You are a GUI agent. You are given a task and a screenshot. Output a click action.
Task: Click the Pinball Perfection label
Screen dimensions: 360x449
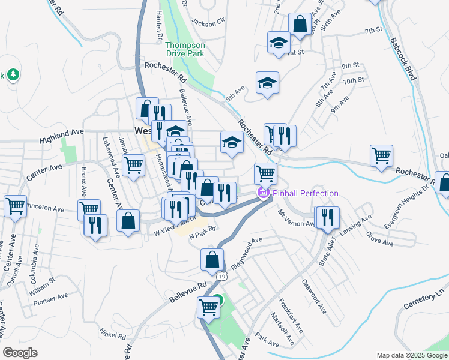point(305,193)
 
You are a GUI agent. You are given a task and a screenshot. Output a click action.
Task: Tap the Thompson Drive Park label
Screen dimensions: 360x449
point(185,49)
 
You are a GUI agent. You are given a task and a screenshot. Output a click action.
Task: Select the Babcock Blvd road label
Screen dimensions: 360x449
point(402,60)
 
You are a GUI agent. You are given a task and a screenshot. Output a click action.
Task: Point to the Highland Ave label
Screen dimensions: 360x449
point(61,135)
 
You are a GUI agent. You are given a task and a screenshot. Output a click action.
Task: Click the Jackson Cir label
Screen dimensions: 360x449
point(208,22)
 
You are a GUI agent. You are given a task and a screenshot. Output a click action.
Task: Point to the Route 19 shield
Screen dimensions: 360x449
point(223,276)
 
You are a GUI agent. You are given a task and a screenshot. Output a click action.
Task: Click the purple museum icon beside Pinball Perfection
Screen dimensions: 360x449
point(262,193)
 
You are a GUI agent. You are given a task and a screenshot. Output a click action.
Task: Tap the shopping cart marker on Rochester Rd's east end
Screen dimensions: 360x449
point(382,155)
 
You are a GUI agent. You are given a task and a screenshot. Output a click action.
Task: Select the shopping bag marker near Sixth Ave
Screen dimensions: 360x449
point(299,25)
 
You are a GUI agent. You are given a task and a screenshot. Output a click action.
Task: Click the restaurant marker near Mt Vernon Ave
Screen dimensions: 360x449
point(327,217)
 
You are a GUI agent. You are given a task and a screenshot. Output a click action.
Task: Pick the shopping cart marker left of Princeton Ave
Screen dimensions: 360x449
point(15,206)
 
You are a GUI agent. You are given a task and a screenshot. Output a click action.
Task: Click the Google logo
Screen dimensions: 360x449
point(20,353)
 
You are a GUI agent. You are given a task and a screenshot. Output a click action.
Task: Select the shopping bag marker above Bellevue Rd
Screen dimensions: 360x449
point(212,259)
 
